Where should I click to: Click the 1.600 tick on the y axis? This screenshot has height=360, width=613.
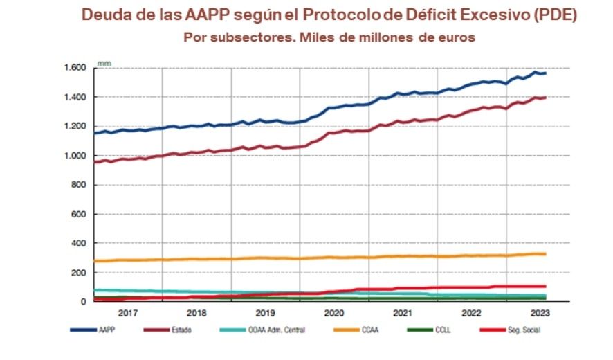(74, 68)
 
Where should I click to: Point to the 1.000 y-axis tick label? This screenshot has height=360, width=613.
(74, 156)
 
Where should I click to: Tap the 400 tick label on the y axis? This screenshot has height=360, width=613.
(77, 244)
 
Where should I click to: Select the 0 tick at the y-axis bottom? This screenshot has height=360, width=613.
(82, 302)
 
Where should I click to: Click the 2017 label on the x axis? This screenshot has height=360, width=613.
(127, 313)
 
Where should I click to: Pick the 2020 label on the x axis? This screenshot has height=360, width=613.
(334, 313)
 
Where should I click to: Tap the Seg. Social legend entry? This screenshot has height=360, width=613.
(523, 330)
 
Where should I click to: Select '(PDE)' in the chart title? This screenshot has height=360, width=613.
(551, 15)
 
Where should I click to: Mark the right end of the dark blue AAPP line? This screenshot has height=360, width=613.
(545, 73)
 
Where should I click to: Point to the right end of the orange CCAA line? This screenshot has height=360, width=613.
(545, 254)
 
